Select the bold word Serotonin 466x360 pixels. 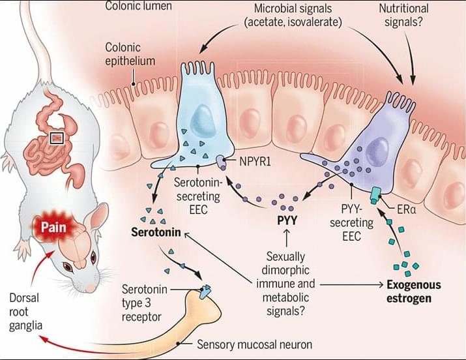(x=157, y=232)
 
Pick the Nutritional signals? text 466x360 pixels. (x=404, y=15)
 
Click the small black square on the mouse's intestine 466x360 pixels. (x=57, y=138)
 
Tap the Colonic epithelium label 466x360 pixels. (x=132, y=55)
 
